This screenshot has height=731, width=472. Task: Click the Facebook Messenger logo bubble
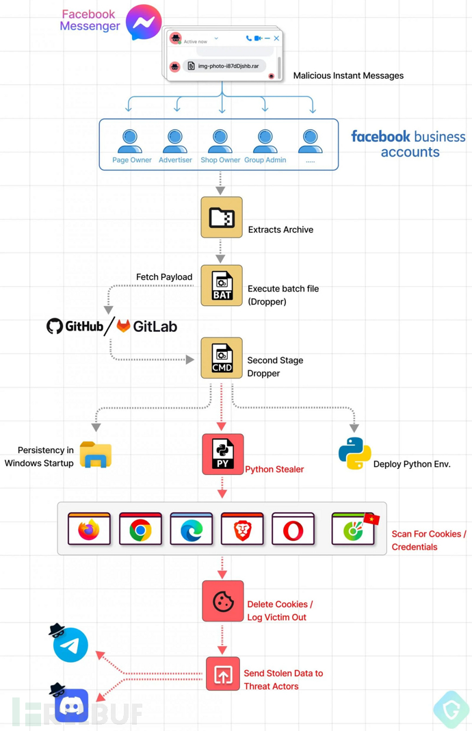tap(144, 22)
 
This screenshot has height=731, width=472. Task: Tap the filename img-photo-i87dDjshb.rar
tap(228, 66)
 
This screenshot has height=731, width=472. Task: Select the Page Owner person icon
tap(130, 142)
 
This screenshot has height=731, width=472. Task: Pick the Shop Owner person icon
tap(220, 142)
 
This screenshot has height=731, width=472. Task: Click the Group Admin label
tap(265, 160)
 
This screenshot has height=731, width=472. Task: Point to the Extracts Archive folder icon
tap(222, 218)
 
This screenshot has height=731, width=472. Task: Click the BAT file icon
tap(222, 285)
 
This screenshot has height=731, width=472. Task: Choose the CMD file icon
tap(222, 358)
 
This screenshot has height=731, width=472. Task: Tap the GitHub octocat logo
tap(55, 326)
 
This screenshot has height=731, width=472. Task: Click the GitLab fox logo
tap(123, 326)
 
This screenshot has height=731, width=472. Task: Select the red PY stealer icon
tap(222, 454)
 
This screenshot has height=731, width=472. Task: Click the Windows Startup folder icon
tap(96, 455)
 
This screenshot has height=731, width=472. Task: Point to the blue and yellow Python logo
tap(354, 453)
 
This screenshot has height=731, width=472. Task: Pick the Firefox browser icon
tap(89, 530)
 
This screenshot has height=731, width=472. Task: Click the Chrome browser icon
tap(140, 530)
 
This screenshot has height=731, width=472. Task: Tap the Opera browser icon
tap(293, 530)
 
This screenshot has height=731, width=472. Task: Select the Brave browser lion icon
tap(242, 530)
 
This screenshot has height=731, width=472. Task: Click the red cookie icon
tap(222, 601)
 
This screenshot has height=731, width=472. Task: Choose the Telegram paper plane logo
tap(71, 645)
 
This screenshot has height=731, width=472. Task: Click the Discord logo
tap(72, 705)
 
